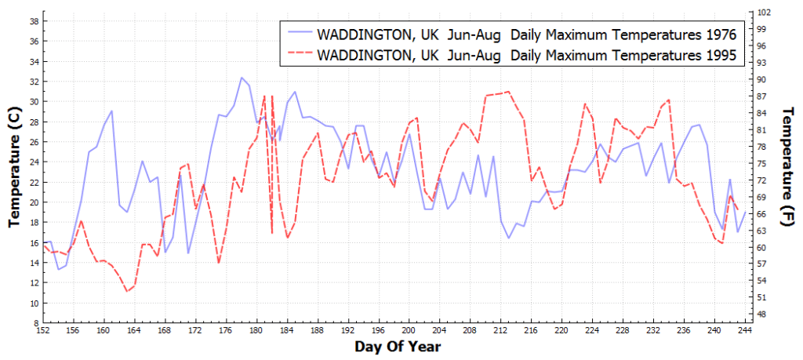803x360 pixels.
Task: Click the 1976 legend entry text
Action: click(525, 35)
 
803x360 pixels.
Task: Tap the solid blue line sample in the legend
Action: click(299, 35)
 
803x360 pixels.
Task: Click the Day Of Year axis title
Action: click(398, 346)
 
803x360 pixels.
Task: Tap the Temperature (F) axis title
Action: click(789, 167)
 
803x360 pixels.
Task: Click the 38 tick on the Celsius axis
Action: click(33, 21)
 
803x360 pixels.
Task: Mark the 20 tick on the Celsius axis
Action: click(33, 202)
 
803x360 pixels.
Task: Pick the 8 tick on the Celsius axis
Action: click(35, 322)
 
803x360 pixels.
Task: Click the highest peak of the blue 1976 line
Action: click(242, 78)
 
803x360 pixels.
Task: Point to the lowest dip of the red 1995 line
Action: click(126, 292)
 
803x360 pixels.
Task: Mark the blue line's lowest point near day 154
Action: click(58, 269)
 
